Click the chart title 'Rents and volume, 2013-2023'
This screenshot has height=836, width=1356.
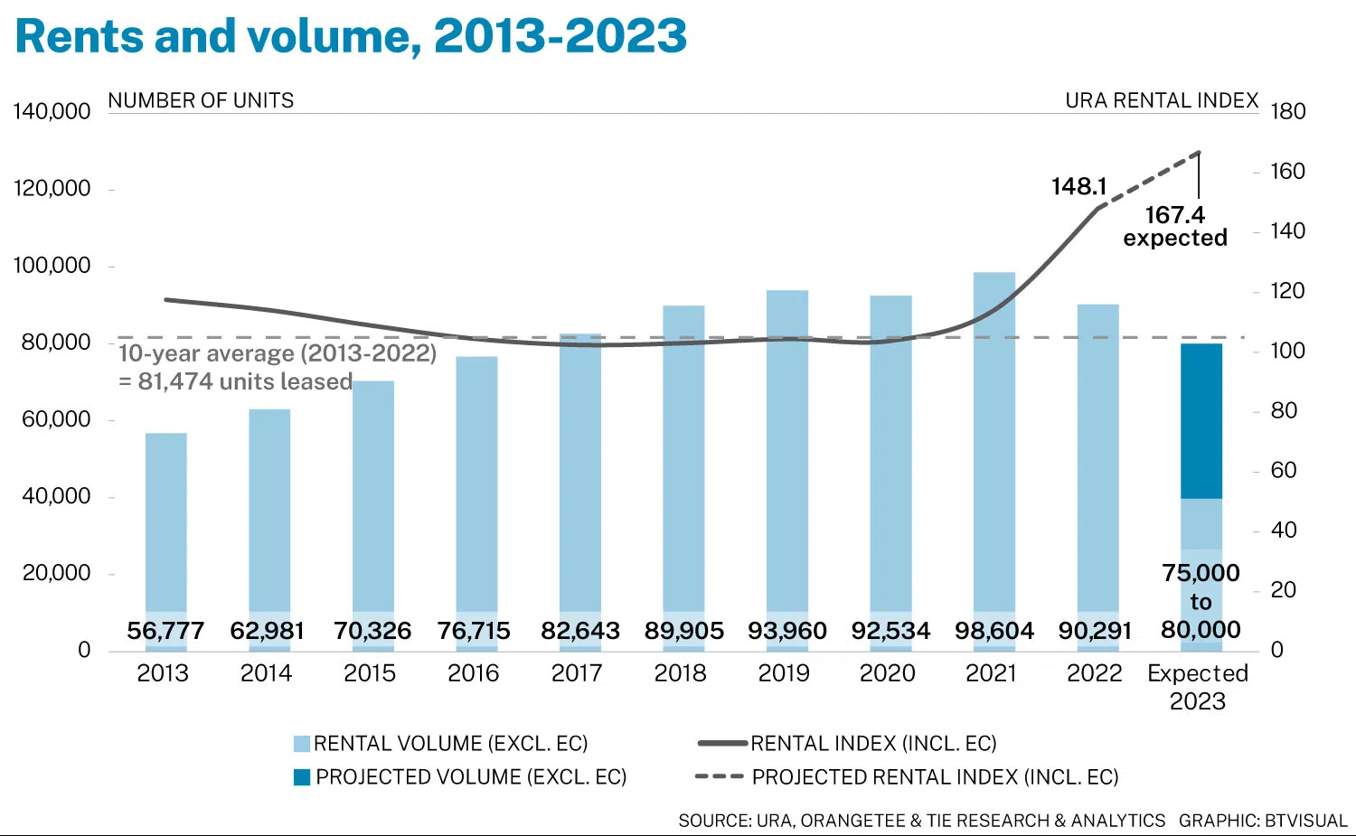coord(351,36)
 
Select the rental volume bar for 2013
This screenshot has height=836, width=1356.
coord(165,524)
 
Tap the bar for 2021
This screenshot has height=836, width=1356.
coord(993,443)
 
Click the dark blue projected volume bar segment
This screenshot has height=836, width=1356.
coord(1201,421)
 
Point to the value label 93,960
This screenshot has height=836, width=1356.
coord(786,631)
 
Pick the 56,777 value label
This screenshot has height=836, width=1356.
coord(165,631)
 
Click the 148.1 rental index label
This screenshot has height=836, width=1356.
coord(1078,187)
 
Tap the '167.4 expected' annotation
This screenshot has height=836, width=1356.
coord(1174,227)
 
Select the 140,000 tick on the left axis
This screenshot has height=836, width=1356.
coord(52,112)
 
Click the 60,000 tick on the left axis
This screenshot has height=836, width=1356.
coord(56,419)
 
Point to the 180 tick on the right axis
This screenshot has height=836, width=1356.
coord(1287,112)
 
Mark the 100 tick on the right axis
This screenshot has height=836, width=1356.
coord(1287,351)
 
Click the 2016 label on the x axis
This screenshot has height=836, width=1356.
coord(473,673)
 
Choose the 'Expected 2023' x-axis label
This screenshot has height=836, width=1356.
coord(1197,687)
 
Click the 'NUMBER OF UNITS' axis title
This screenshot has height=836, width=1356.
coord(201,100)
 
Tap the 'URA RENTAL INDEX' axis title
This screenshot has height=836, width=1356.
coord(1162,100)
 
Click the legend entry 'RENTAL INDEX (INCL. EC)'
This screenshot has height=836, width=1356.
coord(872,744)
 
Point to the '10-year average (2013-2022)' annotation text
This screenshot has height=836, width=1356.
coord(278,353)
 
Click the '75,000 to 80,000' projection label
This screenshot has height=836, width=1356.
coord(1201,601)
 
